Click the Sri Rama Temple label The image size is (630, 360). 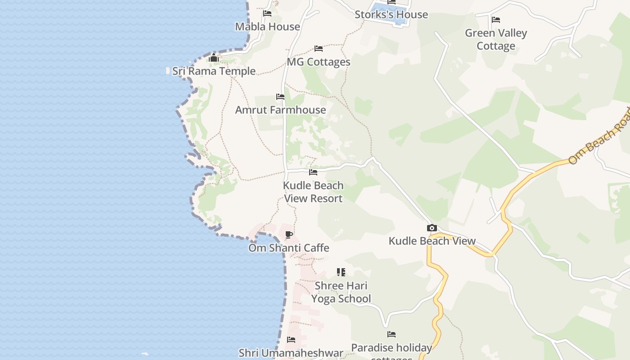214,71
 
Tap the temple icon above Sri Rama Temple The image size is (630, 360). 214,58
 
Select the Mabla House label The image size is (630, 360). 267,27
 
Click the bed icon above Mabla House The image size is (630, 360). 267,13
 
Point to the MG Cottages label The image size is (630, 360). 319,62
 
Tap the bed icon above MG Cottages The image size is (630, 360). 319,49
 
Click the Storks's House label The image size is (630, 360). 391,14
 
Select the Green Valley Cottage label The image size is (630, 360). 495,40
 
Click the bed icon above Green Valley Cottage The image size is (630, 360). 496,20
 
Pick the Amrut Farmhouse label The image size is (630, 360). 280,110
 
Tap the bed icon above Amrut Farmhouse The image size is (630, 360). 280,97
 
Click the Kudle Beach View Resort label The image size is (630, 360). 313,192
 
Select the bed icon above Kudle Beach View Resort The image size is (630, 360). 313,172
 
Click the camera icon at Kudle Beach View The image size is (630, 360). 432,228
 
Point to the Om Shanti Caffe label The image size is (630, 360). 289,248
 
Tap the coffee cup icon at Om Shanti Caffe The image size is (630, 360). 289,235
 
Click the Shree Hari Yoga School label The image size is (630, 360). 341,292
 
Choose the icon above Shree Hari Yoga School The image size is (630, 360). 341,272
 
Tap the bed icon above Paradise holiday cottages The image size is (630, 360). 391,334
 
